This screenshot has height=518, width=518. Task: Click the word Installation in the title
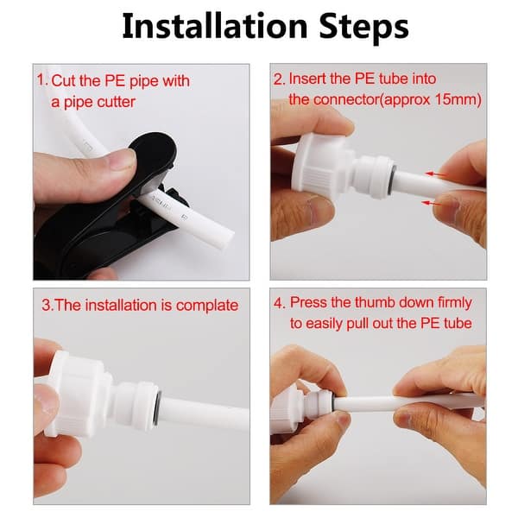click(x=215, y=27)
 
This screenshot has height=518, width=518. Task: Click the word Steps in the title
click(x=363, y=27)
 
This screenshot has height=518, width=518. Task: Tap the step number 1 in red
click(x=41, y=80)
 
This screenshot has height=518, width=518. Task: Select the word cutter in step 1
click(x=117, y=102)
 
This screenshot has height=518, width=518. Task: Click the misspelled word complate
click(x=207, y=306)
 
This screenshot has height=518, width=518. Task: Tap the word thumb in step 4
click(x=375, y=303)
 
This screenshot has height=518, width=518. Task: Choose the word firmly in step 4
click(x=455, y=304)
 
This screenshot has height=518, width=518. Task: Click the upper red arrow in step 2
click(x=436, y=174)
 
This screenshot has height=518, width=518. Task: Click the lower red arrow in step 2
click(x=433, y=203)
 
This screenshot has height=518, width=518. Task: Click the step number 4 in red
click(x=278, y=303)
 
